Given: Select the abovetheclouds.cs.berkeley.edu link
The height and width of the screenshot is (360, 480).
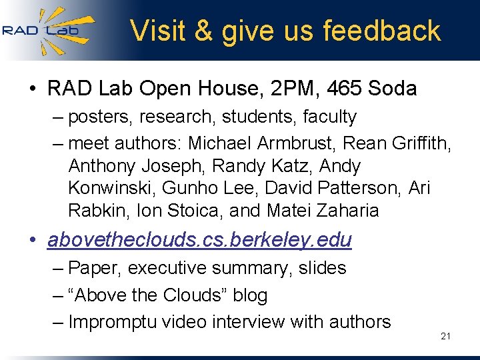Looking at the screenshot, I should tap(199, 240).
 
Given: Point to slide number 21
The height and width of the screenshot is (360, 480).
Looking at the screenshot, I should tap(446, 336).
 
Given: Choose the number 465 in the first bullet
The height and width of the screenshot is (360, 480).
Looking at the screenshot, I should tap(334, 89).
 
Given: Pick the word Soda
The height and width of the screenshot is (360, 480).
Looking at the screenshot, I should tap(390, 89).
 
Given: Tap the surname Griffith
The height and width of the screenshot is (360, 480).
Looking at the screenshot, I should tap(422, 143).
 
